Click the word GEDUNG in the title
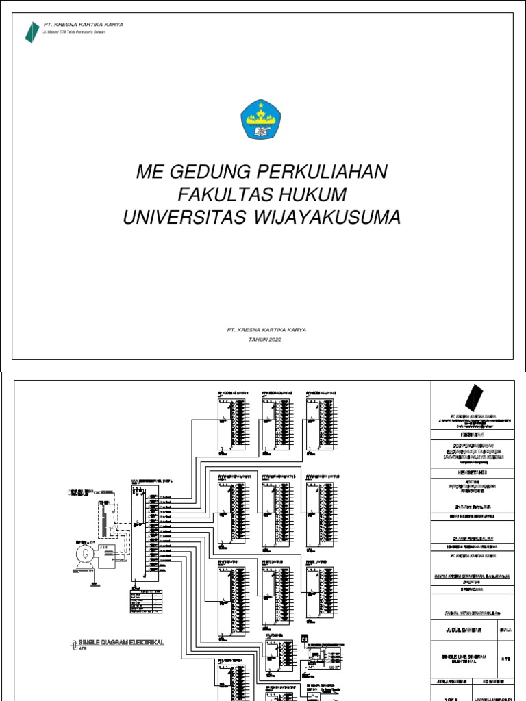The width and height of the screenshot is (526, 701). point(214,172)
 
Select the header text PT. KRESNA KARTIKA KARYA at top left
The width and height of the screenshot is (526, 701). point(84,25)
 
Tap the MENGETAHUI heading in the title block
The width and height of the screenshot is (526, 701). point(473,472)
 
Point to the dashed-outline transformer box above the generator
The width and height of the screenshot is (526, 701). point(107,523)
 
